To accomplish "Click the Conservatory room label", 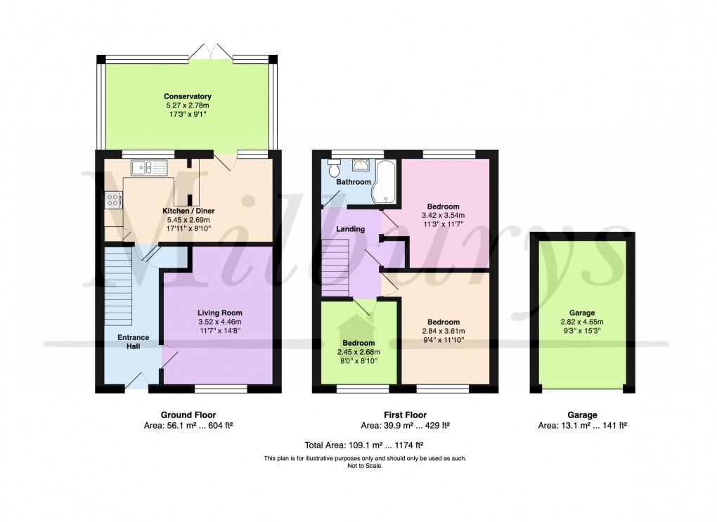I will point(188,96).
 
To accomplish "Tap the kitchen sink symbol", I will point(149,167).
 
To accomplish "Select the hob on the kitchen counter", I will point(113,200).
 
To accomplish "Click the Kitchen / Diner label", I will point(188,211).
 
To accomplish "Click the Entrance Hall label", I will point(133,342).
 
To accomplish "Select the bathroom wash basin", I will point(361,165).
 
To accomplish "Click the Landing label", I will point(350,229).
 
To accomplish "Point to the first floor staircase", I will point(336,267).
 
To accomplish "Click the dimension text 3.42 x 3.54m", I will point(443,216).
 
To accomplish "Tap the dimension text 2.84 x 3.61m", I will point(444,332).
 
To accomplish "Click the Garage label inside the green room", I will point(582,313).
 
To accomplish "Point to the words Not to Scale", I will point(364,465).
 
